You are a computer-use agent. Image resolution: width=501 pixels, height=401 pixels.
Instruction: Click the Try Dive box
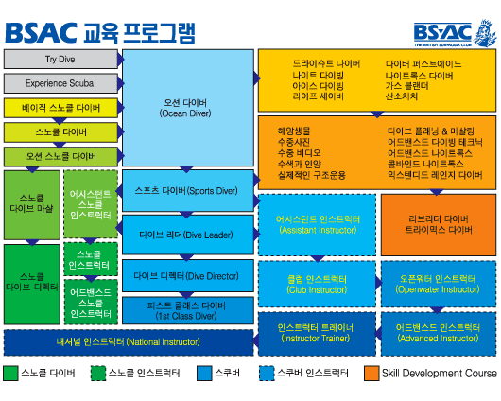coord(60,59)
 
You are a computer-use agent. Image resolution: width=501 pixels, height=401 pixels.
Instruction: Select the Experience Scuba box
coord(60,83)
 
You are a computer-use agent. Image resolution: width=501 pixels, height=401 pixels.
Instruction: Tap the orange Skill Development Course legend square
coord(372,374)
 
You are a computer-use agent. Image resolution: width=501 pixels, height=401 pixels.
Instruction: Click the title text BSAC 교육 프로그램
coord(100,31)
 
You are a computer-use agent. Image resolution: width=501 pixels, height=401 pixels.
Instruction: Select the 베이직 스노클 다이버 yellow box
coord(60,107)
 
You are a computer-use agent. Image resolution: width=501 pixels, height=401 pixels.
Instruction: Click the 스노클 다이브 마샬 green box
coord(31,204)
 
